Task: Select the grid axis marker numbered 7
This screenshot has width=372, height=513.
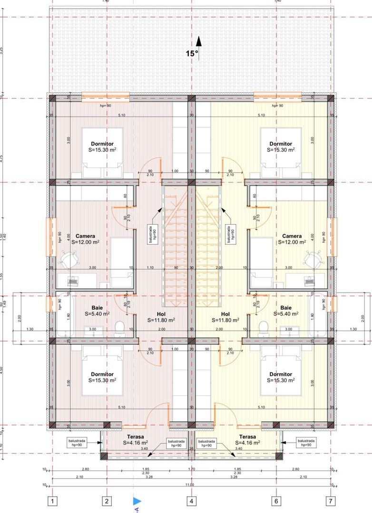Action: [x=330, y=500]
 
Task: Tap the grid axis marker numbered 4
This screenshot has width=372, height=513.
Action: [x=191, y=500]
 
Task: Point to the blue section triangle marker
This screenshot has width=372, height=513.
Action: [x=137, y=500]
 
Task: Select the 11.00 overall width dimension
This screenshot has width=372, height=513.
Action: [x=189, y=484]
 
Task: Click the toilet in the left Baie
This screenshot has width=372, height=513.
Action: [x=120, y=327]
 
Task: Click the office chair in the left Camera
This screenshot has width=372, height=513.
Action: [x=69, y=258]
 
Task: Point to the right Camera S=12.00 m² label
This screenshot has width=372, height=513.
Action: [x=292, y=239]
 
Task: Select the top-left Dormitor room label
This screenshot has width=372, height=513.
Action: [x=102, y=146]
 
